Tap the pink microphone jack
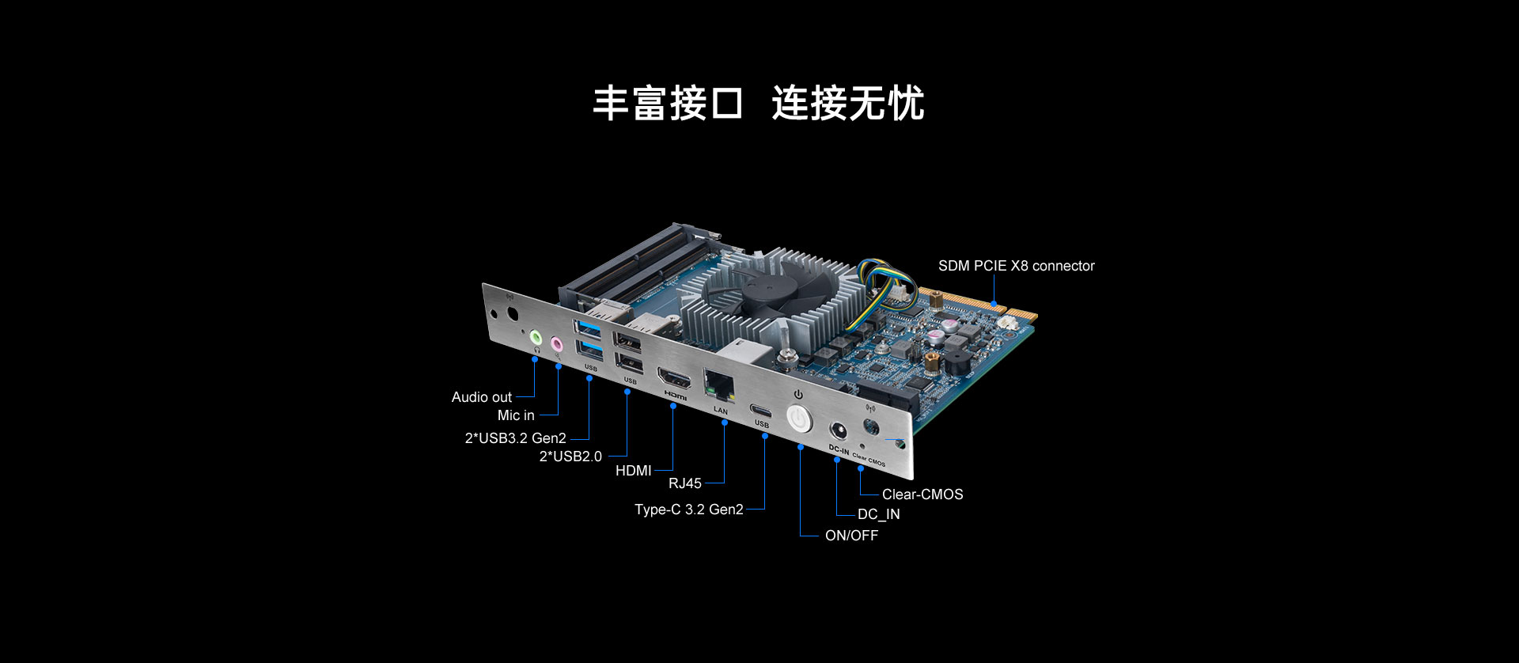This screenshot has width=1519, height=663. [x=556, y=344]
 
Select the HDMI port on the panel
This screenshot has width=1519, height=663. [x=674, y=379]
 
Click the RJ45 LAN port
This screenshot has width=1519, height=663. [x=719, y=385]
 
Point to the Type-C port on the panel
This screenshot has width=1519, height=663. [x=762, y=411]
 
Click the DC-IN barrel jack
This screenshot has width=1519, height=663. [x=838, y=432]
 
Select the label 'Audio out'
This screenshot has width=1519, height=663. [x=481, y=397]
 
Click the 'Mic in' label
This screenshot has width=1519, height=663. [x=516, y=415]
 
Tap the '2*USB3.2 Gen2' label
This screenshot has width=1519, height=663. [x=516, y=438]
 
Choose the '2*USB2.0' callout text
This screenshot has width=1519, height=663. [x=570, y=457]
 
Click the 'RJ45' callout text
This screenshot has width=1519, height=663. [x=685, y=483]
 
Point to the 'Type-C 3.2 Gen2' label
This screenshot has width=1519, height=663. [x=689, y=510]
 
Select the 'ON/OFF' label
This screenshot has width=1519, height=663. [x=852, y=536]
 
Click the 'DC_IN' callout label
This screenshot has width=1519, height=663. [x=879, y=514]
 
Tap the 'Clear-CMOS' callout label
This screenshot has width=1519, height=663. [x=922, y=494]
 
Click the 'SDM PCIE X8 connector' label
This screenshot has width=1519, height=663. [x=1017, y=266]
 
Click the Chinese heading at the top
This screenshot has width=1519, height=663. [x=759, y=104]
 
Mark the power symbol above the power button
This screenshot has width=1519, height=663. [x=798, y=394]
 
